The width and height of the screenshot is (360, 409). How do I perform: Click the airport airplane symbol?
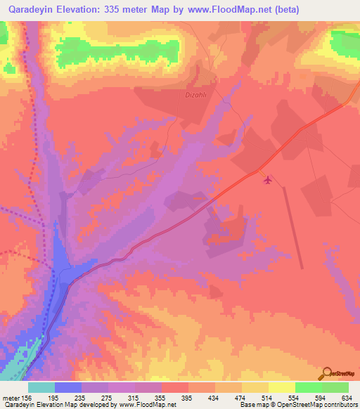pyautogui.click(x=267, y=180)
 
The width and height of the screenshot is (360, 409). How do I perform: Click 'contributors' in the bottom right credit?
pyautogui.click(x=338, y=405)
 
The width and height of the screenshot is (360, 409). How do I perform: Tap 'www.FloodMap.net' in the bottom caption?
pyautogui.click(x=148, y=405)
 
